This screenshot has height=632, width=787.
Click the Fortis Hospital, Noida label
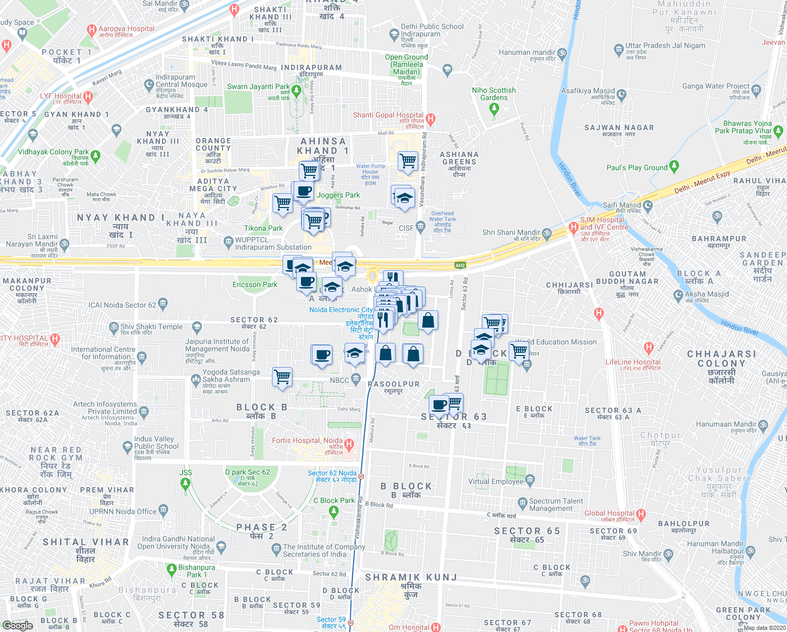pyautogui.click(x=307, y=440)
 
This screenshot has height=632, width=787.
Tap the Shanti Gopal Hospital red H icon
pyautogui.click(x=431, y=120)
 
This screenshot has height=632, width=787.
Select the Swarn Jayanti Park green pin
pyautogui.click(x=296, y=92)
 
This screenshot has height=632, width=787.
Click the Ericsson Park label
pyautogui.click(x=255, y=284)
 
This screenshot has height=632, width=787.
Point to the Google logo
pyautogui.click(x=17, y=626)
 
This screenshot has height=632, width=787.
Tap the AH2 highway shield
pyautogui.click(x=460, y=265)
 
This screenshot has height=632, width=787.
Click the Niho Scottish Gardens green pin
pyautogui.click(x=493, y=109)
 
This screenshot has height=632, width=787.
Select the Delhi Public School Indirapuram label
pyautogui.click(x=432, y=30)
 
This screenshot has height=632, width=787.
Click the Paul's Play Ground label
pyautogui.click(x=637, y=167)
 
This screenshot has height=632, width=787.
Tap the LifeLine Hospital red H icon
pyautogui.click(x=649, y=348)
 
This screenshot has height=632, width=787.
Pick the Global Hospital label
pyautogui.click(x=609, y=513)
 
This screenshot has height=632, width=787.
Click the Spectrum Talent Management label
pyautogui.click(x=556, y=505)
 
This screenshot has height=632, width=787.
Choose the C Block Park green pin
pyautogui.click(x=334, y=511)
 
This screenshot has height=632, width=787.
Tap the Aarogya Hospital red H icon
pyautogui.click(x=92, y=30)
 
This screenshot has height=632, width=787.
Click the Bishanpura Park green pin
pyautogui.click(x=171, y=569)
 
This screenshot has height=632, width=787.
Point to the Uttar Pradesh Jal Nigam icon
pyautogui.click(x=619, y=50)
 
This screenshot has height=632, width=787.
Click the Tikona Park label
pyautogui.click(x=263, y=228)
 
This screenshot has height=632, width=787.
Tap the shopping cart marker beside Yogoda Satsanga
pyautogui.click(x=282, y=377)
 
